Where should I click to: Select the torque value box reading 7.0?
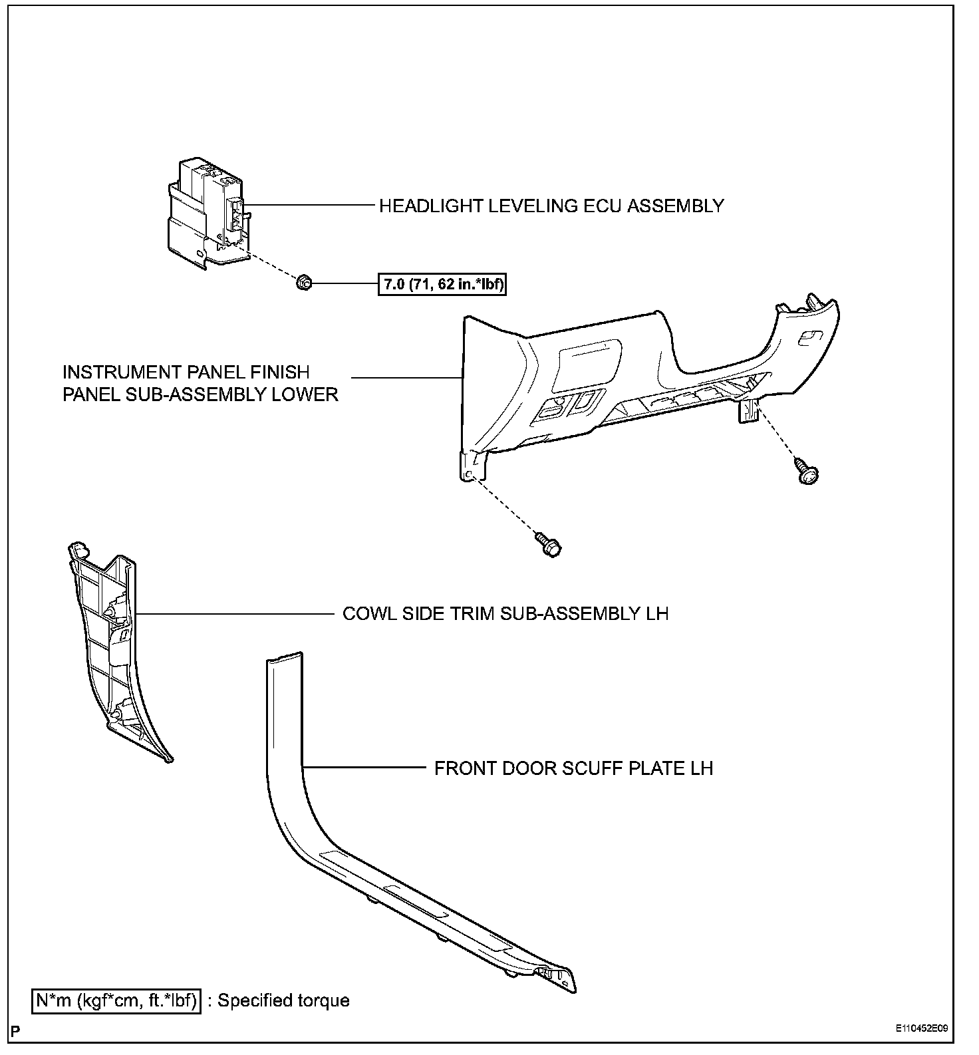click(x=442, y=285)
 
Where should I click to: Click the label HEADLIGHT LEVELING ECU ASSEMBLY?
click(x=551, y=206)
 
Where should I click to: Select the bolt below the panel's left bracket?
click(x=549, y=543)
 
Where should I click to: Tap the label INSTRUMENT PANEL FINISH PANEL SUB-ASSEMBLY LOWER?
click(x=200, y=383)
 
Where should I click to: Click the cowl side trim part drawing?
click(x=113, y=652)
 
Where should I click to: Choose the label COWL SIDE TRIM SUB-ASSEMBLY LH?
click(x=505, y=613)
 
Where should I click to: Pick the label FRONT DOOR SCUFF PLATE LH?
click(x=573, y=769)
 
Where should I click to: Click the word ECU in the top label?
click(x=604, y=206)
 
